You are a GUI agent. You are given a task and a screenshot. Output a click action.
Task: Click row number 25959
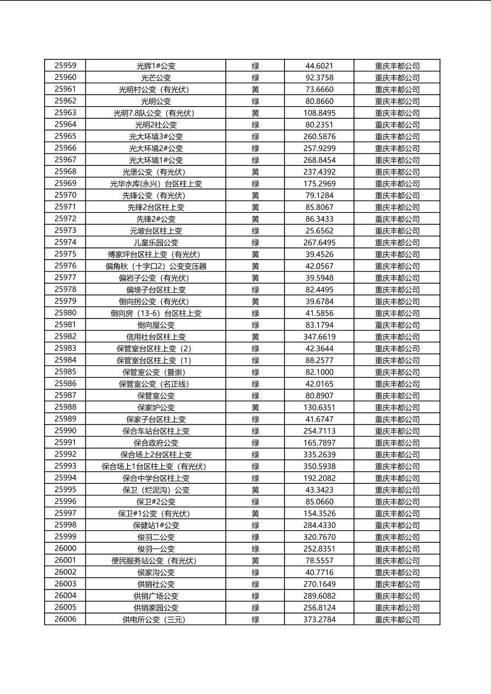[x=66, y=65]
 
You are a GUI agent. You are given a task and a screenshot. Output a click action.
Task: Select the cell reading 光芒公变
[x=156, y=78]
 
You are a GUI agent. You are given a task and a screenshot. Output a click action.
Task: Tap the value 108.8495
[x=319, y=113]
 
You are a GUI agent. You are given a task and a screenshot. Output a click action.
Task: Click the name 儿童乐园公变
[x=156, y=243]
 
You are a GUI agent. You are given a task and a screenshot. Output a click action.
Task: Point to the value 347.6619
[x=319, y=337]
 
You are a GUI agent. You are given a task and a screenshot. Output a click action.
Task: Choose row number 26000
[x=66, y=549]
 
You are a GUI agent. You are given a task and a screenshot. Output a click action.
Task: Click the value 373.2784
[x=319, y=619]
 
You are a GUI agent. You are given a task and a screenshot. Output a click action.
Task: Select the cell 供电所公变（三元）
[x=156, y=619]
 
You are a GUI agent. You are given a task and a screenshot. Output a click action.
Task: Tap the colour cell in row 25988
[x=255, y=407]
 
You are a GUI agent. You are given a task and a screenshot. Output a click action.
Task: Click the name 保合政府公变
[x=156, y=443]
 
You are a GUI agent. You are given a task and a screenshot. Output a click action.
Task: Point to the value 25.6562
[x=319, y=231]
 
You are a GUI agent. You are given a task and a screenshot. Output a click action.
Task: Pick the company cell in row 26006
[x=397, y=619]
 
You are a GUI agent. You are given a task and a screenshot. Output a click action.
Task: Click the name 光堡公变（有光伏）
[x=156, y=172]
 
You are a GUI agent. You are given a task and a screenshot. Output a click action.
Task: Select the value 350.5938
[x=319, y=466]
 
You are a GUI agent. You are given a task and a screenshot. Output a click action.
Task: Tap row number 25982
[x=66, y=337]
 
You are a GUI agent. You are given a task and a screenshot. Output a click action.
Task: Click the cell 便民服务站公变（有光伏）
[x=156, y=560]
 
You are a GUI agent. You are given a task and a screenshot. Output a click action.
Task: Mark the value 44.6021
[x=319, y=65]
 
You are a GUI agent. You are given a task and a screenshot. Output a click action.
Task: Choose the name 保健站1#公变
[x=156, y=525]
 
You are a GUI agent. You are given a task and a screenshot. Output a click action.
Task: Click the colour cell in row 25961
[x=255, y=89]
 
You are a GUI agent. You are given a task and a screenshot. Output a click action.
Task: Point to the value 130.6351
[x=319, y=407]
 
